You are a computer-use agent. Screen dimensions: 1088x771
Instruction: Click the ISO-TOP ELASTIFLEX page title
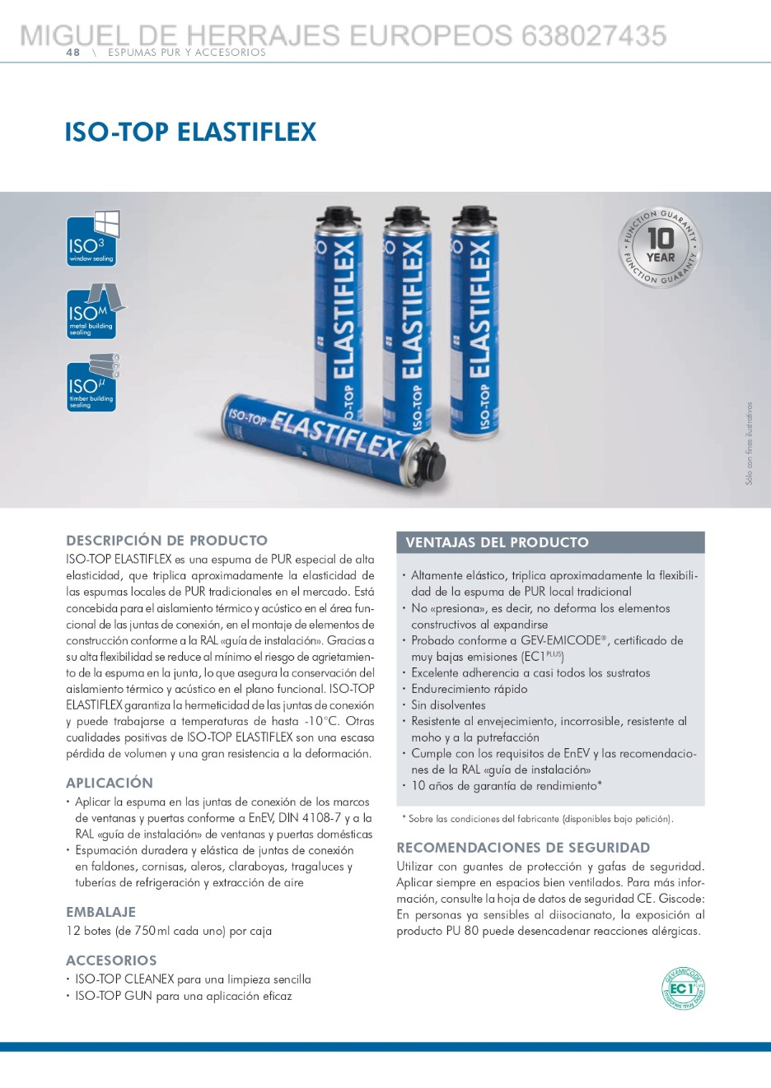(x=190, y=132)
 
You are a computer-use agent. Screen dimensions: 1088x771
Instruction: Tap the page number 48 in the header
(x=73, y=53)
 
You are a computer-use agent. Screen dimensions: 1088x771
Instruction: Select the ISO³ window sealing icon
(x=92, y=239)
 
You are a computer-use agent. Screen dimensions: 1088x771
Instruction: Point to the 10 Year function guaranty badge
(x=660, y=247)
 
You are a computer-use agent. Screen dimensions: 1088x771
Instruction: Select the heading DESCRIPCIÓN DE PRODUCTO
(x=166, y=541)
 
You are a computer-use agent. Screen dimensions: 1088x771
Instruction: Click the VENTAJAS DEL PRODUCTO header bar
(x=550, y=542)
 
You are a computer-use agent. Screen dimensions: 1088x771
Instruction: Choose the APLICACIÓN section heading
(x=110, y=783)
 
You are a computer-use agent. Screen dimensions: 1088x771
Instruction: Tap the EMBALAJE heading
(x=100, y=912)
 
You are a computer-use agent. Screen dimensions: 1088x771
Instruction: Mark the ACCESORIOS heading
(x=111, y=960)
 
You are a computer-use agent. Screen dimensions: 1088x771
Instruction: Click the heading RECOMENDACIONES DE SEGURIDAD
(x=523, y=848)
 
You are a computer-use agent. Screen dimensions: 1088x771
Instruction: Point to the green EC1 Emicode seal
(x=684, y=988)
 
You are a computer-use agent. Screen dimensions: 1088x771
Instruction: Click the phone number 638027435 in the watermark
(x=593, y=35)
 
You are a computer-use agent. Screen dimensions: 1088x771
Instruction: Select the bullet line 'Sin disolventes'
(x=448, y=705)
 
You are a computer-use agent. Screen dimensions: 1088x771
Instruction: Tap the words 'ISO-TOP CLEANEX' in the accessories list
(x=124, y=979)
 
